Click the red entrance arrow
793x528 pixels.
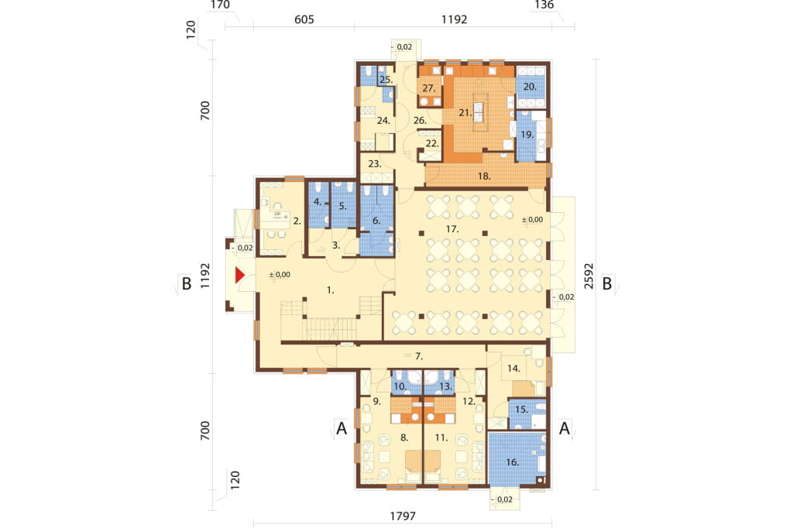point(239,275)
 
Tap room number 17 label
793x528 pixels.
point(452,229)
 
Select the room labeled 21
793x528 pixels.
point(465,113)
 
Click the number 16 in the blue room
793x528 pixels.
point(513,461)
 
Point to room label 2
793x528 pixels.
point(297,221)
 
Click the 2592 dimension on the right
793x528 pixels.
point(589,276)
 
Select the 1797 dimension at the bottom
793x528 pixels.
point(403,516)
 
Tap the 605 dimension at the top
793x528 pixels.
point(304,19)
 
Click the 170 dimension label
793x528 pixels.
point(219,5)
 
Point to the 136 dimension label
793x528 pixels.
point(544,5)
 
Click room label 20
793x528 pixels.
point(530,87)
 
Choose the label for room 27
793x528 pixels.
point(429,88)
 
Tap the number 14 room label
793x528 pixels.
point(514,369)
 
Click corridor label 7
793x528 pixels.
point(419,357)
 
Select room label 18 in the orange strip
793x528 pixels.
point(484,176)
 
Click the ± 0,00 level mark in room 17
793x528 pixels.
point(532,220)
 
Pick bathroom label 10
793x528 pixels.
point(400,386)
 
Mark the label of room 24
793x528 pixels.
point(383,120)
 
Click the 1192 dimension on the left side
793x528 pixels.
point(204,276)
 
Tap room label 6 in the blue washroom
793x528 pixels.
point(376,221)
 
